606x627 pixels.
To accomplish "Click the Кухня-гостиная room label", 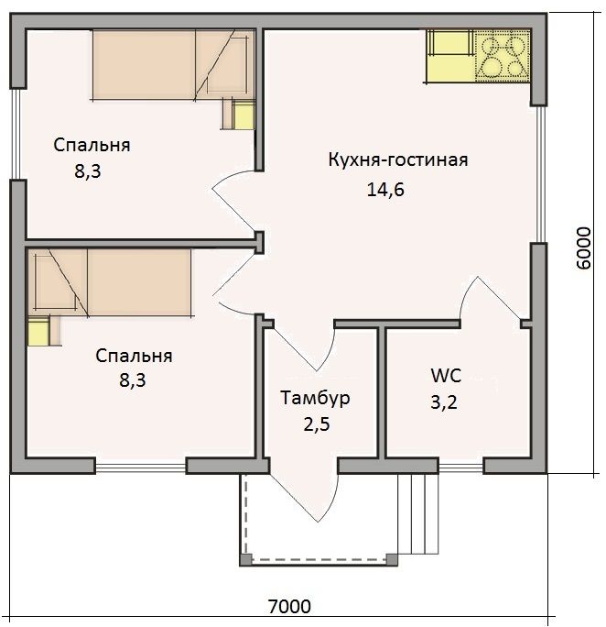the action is tap(398, 159).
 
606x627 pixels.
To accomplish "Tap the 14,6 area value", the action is tap(385, 189).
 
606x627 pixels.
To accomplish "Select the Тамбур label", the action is tap(315, 398).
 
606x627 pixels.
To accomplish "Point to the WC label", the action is tap(446, 376).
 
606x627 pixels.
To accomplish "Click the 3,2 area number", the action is tap(444, 401).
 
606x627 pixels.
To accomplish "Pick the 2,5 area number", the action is tap(317, 424).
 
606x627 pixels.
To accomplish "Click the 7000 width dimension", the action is tap(289, 607).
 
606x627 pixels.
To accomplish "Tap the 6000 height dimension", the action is tap(584, 247).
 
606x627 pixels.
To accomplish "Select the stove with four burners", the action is tap(503, 56).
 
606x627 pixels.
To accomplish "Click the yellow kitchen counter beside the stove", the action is tap(450, 56).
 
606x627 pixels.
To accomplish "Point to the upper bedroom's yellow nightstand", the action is tap(243, 115).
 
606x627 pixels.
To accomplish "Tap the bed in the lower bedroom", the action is tap(109, 282).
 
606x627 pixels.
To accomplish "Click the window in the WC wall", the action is tap(461, 467).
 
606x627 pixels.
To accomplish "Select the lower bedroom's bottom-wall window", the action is tap(141, 467).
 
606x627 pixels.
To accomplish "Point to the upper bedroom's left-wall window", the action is tap(16, 134).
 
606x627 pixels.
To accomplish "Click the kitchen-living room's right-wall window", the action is tap(540, 174).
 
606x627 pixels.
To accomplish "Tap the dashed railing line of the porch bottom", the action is tap(319, 559).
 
